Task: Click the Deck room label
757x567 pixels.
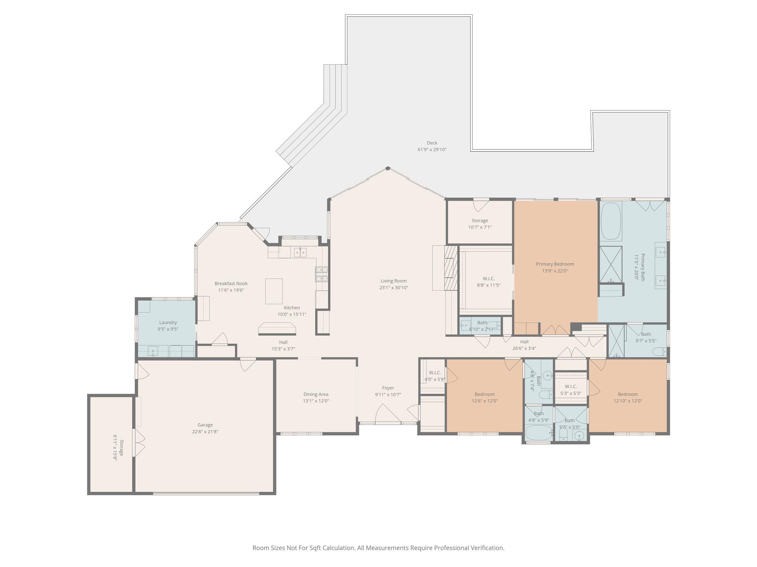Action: [x=432, y=143]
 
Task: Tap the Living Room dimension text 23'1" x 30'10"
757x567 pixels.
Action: [x=394, y=288]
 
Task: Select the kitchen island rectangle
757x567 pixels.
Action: [x=274, y=291]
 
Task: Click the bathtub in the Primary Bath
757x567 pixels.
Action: [x=611, y=221]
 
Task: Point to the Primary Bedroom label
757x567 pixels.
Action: [x=555, y=264]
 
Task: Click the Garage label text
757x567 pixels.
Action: [x=205, y=425]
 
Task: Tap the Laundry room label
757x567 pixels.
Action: [x=168, y=322]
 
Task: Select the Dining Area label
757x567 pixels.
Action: [x=316, y=394]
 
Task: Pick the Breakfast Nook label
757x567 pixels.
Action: [x=231, y=283]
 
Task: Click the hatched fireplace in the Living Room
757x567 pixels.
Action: [x=451, y=267]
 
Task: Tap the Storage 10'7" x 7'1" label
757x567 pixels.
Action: [x=480, y=224]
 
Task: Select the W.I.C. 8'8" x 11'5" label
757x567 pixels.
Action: [x=488, y=282]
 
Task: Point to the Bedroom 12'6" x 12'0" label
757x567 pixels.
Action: [x=484, y=397]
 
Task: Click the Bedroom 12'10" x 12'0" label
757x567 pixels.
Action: [x=628, y=397]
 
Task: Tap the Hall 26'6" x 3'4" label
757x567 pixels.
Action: [x=524, y=345]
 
